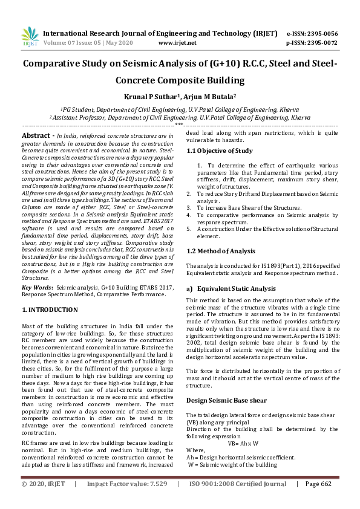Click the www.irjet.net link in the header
tap(177, 43)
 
